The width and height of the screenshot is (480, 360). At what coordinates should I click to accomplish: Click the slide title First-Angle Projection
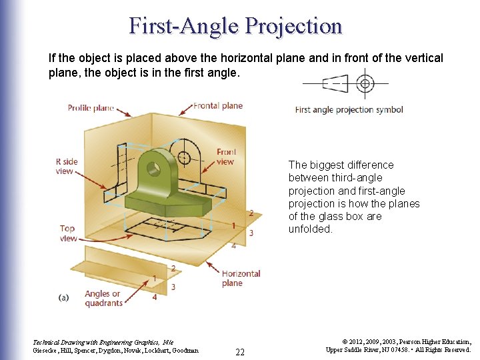(235, 25)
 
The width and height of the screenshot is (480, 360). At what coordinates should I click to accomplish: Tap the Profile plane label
(91, 108)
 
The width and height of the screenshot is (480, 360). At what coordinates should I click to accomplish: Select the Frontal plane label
(218, 105)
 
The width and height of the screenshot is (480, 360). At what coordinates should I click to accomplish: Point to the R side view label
(66, 166)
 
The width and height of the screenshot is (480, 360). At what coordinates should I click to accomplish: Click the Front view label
(226, 157)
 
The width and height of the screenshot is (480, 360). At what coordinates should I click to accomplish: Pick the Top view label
(67, 233)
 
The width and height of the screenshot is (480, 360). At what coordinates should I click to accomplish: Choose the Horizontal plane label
(241, 278)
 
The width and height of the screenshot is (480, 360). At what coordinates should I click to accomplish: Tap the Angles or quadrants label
(103, 298)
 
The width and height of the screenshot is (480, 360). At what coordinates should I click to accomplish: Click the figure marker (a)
(64, 298)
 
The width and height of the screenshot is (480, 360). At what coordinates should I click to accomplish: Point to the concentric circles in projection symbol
(364, 84)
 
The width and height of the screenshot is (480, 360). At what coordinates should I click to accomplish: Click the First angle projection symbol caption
(349, 110)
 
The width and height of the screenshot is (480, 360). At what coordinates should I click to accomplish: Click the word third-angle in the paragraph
(358, 177)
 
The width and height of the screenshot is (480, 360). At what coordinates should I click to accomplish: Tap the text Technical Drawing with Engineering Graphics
(94, 340)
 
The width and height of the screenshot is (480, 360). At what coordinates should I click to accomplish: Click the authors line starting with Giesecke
(115, 349)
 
